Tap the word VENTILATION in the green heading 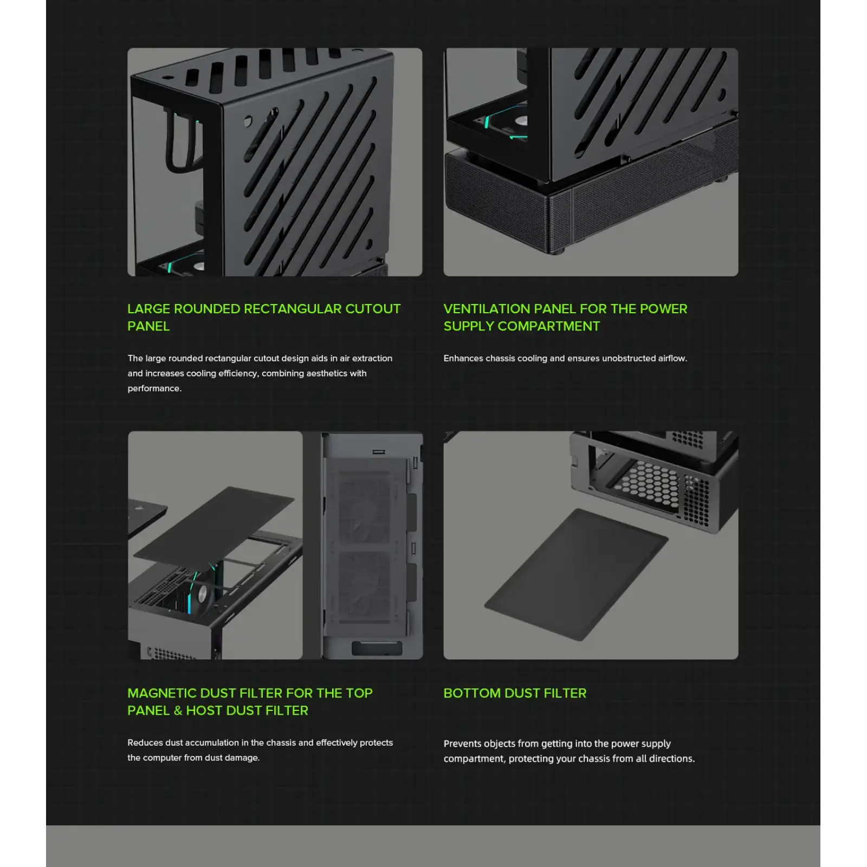pyautogui.click(x=487, y=309)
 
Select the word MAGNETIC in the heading pyautogui.click(x=162, y=693)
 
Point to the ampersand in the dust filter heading pyautogui.click(x=178, y=710)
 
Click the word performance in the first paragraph pyautogui.click(x=153, y=389)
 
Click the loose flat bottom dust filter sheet pyautogui.click(x=576, y=574)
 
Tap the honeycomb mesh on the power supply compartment pyautogui.click(x=649, y=484)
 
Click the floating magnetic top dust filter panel pyautogui.click(x=215, y=531)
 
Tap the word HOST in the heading pyautogui.click(x=204, y=710)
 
